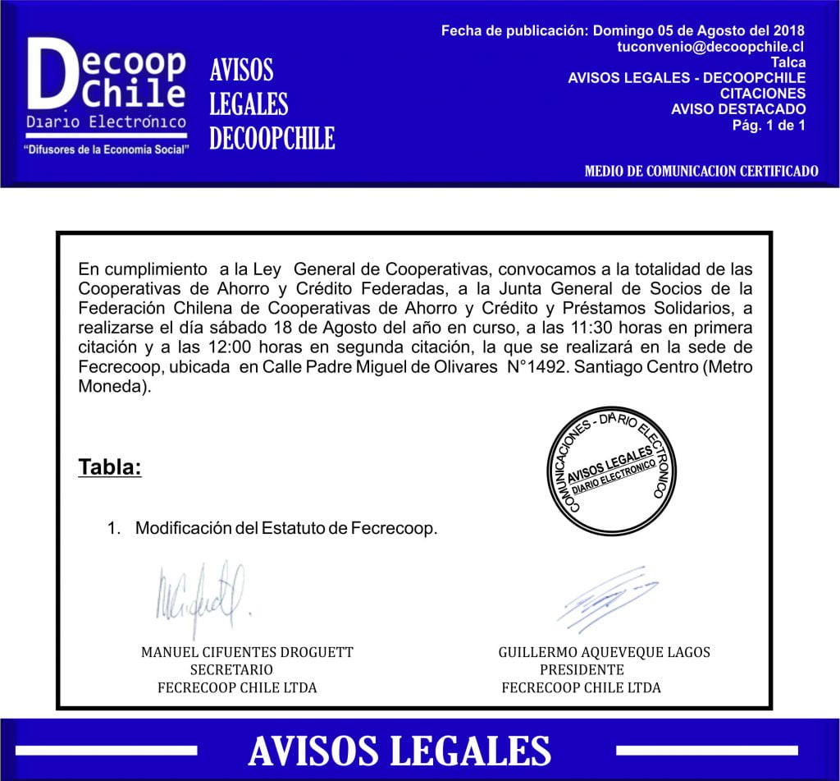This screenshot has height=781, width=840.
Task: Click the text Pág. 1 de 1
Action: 768,125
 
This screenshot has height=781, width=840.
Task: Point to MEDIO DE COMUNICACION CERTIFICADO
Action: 701,172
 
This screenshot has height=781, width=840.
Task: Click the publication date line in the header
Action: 623,31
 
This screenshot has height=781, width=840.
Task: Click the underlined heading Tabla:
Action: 110,467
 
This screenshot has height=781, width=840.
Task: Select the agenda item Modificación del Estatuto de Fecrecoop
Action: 286,528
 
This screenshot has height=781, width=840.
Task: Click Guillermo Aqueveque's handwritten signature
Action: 605,597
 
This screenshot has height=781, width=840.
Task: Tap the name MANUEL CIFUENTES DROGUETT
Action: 247,652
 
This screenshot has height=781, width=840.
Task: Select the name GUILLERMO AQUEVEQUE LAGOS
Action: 604,652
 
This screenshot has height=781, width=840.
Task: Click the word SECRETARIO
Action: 231,669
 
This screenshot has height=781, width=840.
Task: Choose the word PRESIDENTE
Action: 582,669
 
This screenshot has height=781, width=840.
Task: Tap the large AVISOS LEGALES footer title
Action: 399,751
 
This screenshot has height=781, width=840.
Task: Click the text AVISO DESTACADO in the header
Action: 738,109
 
